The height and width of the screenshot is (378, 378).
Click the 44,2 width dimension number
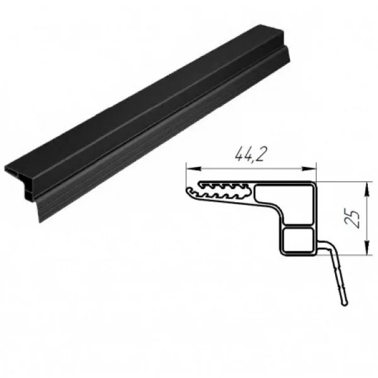[249, 154]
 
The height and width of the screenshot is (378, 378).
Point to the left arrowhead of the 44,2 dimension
[193, 168]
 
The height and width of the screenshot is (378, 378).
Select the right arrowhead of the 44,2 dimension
[309, 168]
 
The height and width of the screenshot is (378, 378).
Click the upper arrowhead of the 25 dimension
[367, 190]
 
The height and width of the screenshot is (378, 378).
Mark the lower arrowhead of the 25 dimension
[367, 247]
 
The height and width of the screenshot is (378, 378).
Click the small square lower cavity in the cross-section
[299, 240]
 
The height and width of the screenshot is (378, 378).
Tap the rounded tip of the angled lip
[345, 302]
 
